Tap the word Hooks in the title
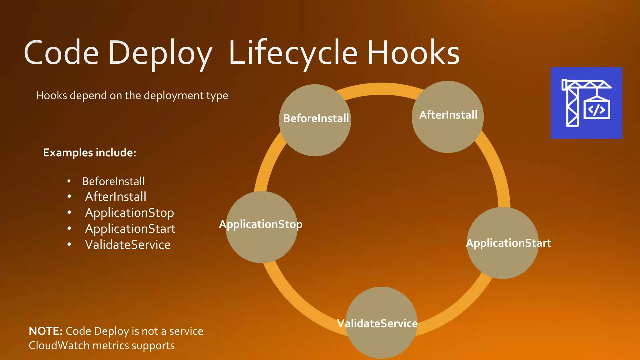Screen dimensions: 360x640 pos(413,53)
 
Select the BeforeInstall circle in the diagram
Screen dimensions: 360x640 pos(315,120)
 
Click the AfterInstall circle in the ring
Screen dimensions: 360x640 pos(448,117)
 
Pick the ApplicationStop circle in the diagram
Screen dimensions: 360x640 pos(262,227)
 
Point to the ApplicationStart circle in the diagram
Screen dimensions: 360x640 pos(502,243)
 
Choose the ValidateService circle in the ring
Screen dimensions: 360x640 pos(381,323)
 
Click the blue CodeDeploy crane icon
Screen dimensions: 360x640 pos(586,103)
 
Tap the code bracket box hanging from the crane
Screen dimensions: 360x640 pos(597,110)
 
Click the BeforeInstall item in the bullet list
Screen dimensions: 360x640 pos(113,181)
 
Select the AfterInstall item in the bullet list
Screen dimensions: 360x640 pos(116,197)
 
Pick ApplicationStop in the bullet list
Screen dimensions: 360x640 pos(129,213)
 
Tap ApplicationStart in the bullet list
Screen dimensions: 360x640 pos(130,229)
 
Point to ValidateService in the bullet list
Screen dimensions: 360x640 pos(128,245)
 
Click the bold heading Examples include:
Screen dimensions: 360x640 pos(90,152)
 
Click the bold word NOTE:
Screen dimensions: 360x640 pos(46,331)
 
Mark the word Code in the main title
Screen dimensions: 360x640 pos(61,53)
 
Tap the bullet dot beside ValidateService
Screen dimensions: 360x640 pos(69,245)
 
